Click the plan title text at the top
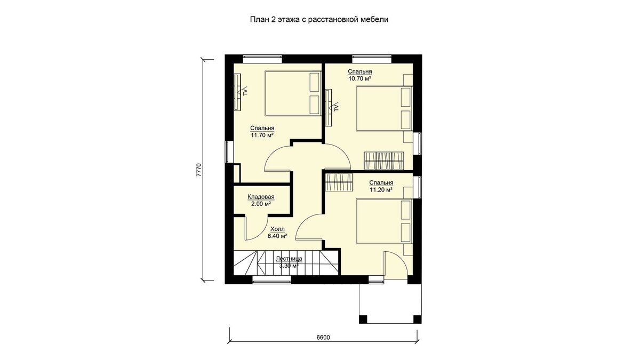[x=319, y=19]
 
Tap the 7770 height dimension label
[x=199, y=170]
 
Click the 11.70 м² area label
[x=262, y=135]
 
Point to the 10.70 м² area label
[x=359, y=78]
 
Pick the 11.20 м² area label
[x=381, y=190]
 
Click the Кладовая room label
[x=261, y=197]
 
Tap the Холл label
[x=277, y=229]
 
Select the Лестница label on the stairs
[x=289, y=259]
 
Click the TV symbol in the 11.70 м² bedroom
[x=244, y=91]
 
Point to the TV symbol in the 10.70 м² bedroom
[x=335, y=107]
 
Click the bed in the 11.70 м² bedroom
[x=293, y=93]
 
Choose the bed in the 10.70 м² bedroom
[x=384, y=109]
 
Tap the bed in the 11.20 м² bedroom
[x=384, y=221]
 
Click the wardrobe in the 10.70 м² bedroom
[x=383, y=161]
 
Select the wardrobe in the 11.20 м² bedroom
[x=339, y=182]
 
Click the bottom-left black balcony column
[x=363, y=319]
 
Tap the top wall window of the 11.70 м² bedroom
[x=262, y=59]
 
